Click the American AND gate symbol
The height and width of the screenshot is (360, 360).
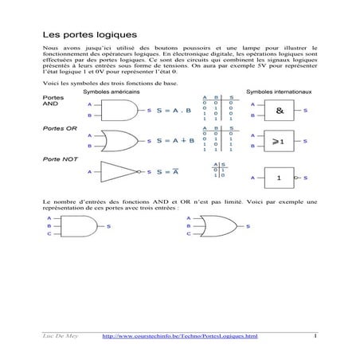pos(120,110)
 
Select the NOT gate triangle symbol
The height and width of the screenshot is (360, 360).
pos(119,171)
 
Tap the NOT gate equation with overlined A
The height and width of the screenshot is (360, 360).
pos(166,171)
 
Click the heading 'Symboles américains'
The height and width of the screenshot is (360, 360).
pos(112,92)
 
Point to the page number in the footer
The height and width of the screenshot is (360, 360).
pos(315,336)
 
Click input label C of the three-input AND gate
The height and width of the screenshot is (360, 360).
pos(49,234)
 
